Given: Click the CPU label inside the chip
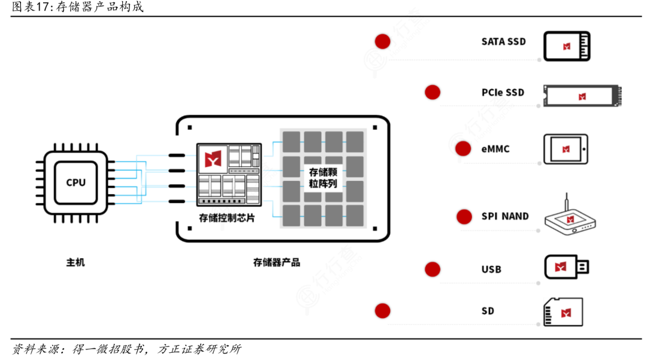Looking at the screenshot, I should pyautogui.click(x=75, y=182).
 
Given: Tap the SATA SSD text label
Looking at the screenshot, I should pyautogui.click(x=503, y=41).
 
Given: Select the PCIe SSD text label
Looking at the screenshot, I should pyautogui.click(x=503, y=92).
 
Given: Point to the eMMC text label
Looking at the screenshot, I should pyautogui.click(x=495, y=149).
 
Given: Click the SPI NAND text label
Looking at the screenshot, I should pyautogui.click(x=505, y=216).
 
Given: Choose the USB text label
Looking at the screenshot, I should pyautogui.click(x=491, y=270).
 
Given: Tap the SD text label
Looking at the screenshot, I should pyautogui.click(x=488, y=311).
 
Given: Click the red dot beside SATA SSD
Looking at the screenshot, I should pyautogui.click(x=382, y=41).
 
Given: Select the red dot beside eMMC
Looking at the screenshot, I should pyautogui.click(x=462, y=149).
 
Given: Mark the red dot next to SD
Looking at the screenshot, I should pyautogui.click(x=382, y=311).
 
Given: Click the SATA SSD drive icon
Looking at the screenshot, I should pyautogui.click(x=567, y=46).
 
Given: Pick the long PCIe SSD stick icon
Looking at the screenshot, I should pyautogui.click(x=582, y=96).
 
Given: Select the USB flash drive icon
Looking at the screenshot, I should pyautogui.click(x=566, y=267).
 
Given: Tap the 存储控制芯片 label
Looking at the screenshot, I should pyautogui.click(x=226, y=217).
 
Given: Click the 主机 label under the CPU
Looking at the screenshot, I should pyautogui.click(x=75, y=262).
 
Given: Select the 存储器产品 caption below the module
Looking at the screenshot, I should pyautogui.click(x=277, y=262).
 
